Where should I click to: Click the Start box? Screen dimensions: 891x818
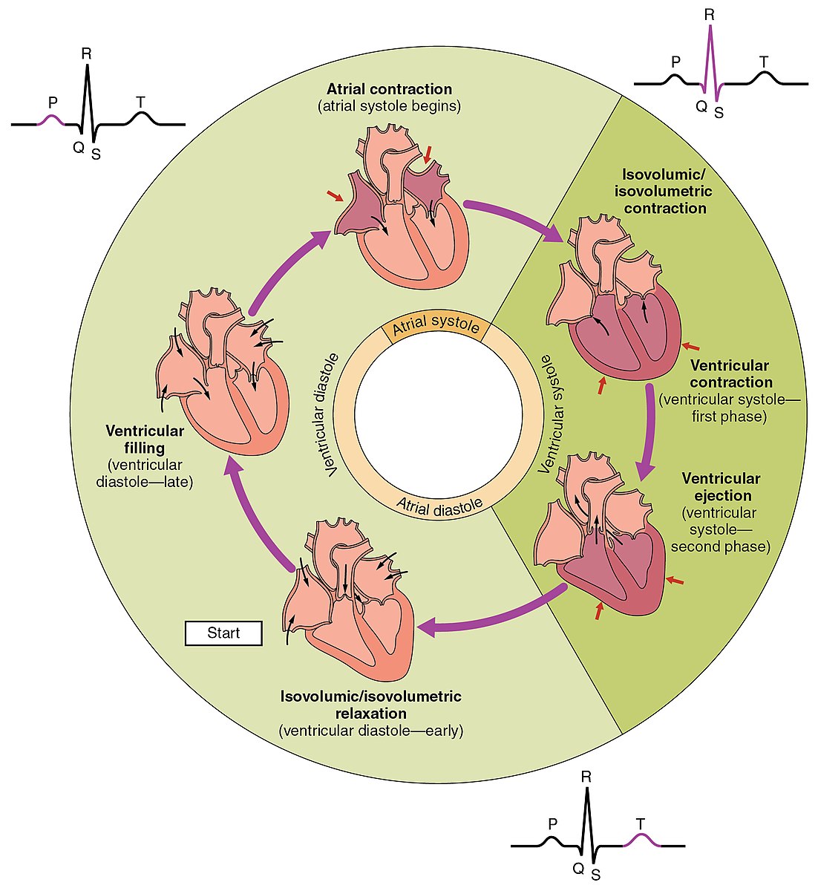223,633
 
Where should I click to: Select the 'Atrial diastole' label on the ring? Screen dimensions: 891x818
439,505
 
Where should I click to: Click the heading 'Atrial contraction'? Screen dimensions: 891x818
389,90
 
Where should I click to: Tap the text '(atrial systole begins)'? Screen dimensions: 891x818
389,106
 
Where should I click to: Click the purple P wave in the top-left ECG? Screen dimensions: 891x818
50,120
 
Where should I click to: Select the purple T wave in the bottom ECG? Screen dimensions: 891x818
640,839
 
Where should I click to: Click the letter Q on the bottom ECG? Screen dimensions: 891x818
577,866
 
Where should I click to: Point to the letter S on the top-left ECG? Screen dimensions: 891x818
95,154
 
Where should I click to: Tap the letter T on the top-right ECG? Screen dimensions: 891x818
764,61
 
